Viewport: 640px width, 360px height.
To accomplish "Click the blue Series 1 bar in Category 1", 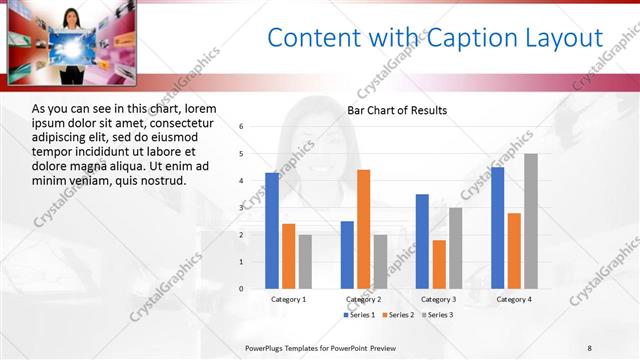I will [x=272, y=231].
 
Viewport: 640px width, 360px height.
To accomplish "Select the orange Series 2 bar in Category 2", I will [x=363, y=229].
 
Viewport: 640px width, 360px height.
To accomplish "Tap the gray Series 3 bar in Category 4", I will [x=530, y=221].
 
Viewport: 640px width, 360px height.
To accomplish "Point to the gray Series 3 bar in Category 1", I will [x=305, y=262].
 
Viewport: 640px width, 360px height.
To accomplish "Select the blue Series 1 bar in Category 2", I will [x=347, y=255].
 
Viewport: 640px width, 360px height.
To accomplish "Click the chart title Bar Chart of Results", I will [x=397, y=110].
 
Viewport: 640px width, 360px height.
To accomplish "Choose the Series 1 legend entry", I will [x=360, y=315].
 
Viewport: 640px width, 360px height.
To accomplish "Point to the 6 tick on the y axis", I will [x=241, y=127].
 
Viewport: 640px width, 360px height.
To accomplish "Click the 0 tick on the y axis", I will [x=241, y=289].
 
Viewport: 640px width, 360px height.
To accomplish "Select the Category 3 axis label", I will [x=438, y=299].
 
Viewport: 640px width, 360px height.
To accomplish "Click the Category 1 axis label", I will [x=289, y=299].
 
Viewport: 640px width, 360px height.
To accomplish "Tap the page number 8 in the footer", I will [x=590, y=347].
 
